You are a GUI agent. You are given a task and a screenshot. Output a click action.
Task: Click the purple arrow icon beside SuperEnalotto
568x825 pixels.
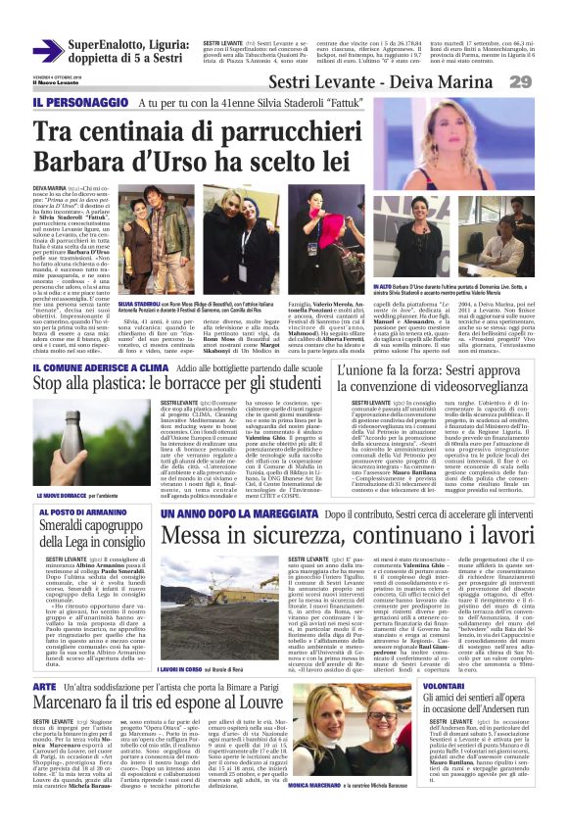46,50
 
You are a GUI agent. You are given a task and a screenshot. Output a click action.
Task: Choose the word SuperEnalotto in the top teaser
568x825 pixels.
104,45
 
